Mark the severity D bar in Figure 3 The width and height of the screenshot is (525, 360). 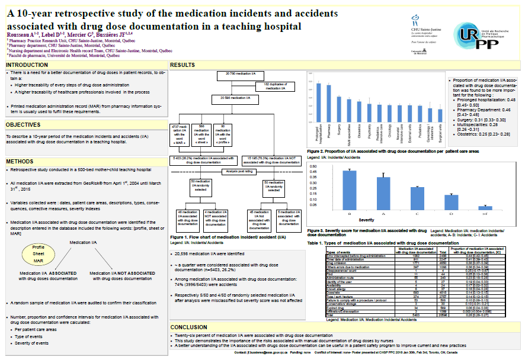tap(452, 201)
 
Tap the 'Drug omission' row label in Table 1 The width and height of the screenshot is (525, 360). tap(339, 262)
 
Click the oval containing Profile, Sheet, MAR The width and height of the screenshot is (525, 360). tap(39, 253)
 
